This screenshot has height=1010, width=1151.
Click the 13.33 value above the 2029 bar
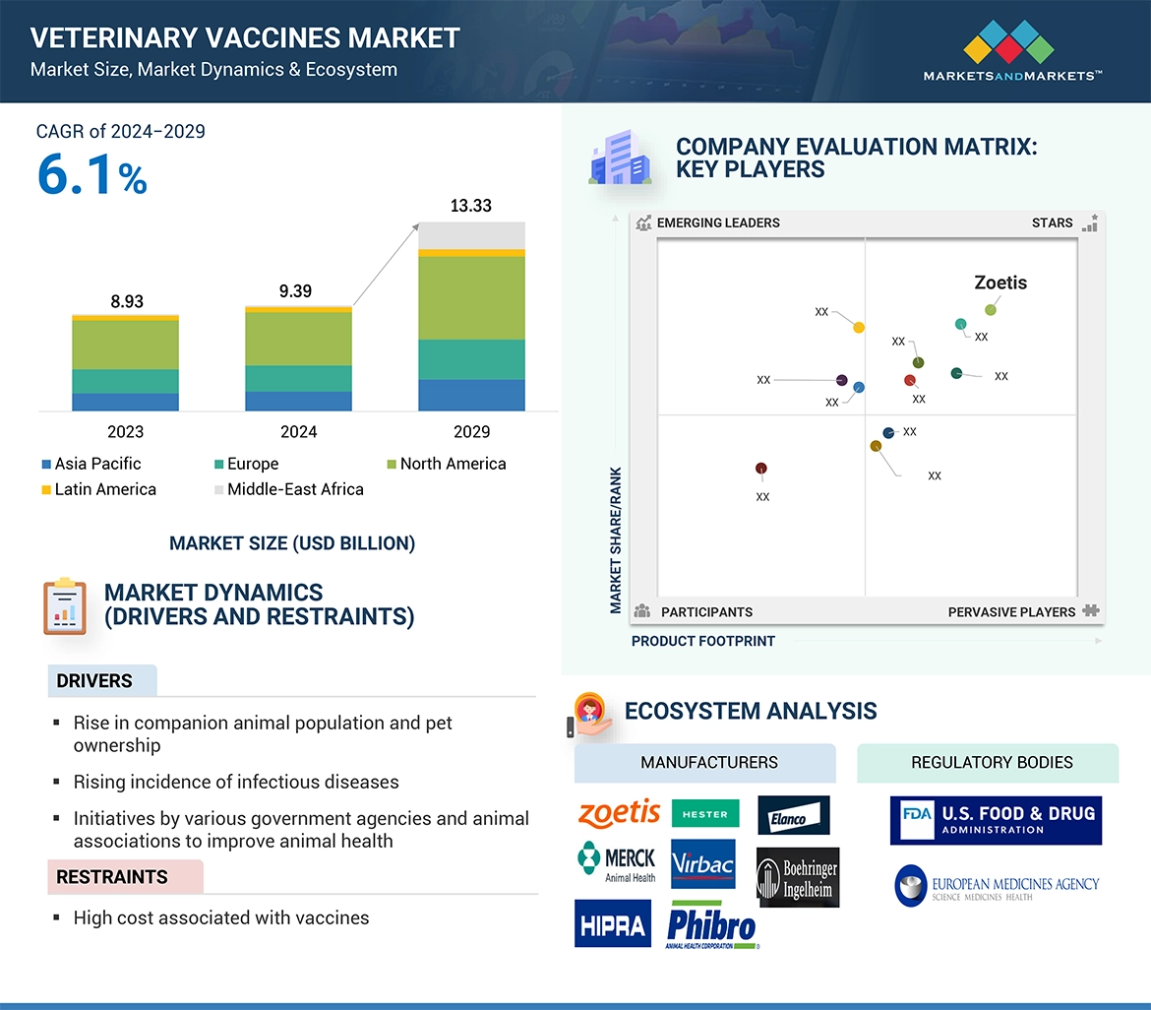click(x=470, y=206)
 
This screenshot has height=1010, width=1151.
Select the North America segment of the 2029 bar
click(x=471, y=298)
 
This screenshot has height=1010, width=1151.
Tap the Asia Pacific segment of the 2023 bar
click(x=125, y=402)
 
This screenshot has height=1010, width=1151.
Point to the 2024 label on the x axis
click(x=298, y=431)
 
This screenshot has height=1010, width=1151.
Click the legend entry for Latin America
click(x=98, y=489)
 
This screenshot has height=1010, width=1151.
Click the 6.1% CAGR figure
click(x=91, y=174)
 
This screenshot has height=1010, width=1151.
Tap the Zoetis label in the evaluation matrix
click(x=1000, y=283)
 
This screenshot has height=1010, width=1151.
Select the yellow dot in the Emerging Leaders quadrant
click(x=859, y=327)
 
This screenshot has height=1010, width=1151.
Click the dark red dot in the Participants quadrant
click(x=760, y=469)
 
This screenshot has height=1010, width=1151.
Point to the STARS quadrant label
click(x=1052, y=222)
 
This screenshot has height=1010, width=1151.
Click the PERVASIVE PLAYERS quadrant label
click(x=1011, y=611)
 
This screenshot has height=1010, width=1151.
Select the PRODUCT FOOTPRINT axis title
click(x=702, y=641)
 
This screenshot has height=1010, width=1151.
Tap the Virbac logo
click(x=702, y=864)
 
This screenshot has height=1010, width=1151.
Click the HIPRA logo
click(x=612, y=923)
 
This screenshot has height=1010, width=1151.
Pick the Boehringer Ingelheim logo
click(x=798, y=877)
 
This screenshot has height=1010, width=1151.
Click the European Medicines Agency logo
click(x=997, y=885)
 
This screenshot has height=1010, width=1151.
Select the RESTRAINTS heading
click(x=112, y=877)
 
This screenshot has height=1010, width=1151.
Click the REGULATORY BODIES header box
click(x=991, y=763)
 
